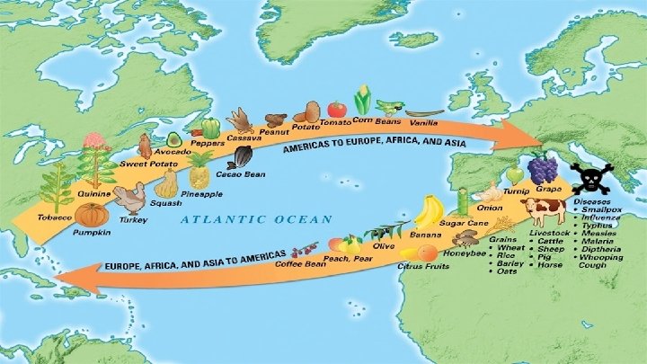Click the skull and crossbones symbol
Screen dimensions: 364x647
pyautogui.click(x=593, y=179)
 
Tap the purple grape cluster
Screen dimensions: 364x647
pyautogui.click(x=542, y=170)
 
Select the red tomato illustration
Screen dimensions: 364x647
pyautogui.click(x=337, y=109)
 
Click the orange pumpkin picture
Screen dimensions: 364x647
pyautogui.click(x=92, y=215)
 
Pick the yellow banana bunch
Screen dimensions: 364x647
pyautogui.click(x=429, y=213)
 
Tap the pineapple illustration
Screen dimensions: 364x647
pyautogui.click(x=200, y=170)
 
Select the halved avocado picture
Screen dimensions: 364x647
pyautogui.click(x=173, y=139)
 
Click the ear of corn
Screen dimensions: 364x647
pyautogui.click(x=363, y=100)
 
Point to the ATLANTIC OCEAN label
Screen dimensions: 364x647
pyautogui.click(x=256, y=218)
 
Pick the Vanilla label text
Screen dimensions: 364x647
pyautogui.click(x=422, y=120)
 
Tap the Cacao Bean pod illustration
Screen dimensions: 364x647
pyautogui.click(x=242, y=157)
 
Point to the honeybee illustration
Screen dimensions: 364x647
pyautogui.click(x=465, y=238)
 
